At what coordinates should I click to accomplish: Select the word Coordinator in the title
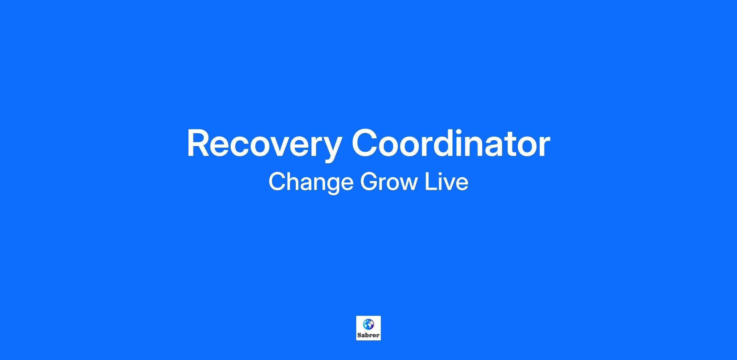coord(451,143)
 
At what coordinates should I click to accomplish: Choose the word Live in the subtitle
coord(446,181)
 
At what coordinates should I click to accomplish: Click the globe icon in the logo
coord(368,324)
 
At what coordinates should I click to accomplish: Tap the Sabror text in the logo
coord(368,335)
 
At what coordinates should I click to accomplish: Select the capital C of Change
coord(277,181)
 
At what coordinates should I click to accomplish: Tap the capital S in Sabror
coord(359,335)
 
